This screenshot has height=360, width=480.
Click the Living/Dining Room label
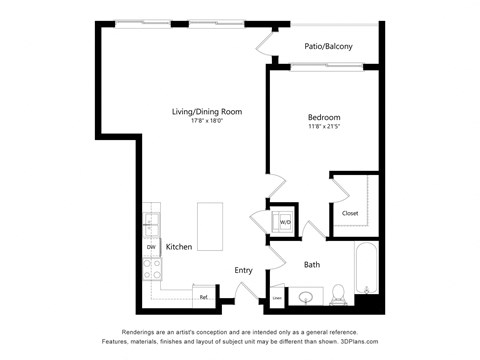coord(206,111)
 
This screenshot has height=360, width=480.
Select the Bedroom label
coord(323,117)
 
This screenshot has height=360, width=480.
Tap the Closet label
coord(350,213)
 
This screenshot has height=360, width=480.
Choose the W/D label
coord(285,222)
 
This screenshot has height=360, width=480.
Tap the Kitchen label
coord(179,247)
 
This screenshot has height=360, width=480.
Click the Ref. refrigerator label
coord(204,296)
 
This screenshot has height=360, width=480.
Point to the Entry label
coord(243,270)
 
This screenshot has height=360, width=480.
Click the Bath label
coord(312,264)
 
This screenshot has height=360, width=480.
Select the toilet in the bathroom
coord(340,293)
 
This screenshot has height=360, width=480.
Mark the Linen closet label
coord(277,297)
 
